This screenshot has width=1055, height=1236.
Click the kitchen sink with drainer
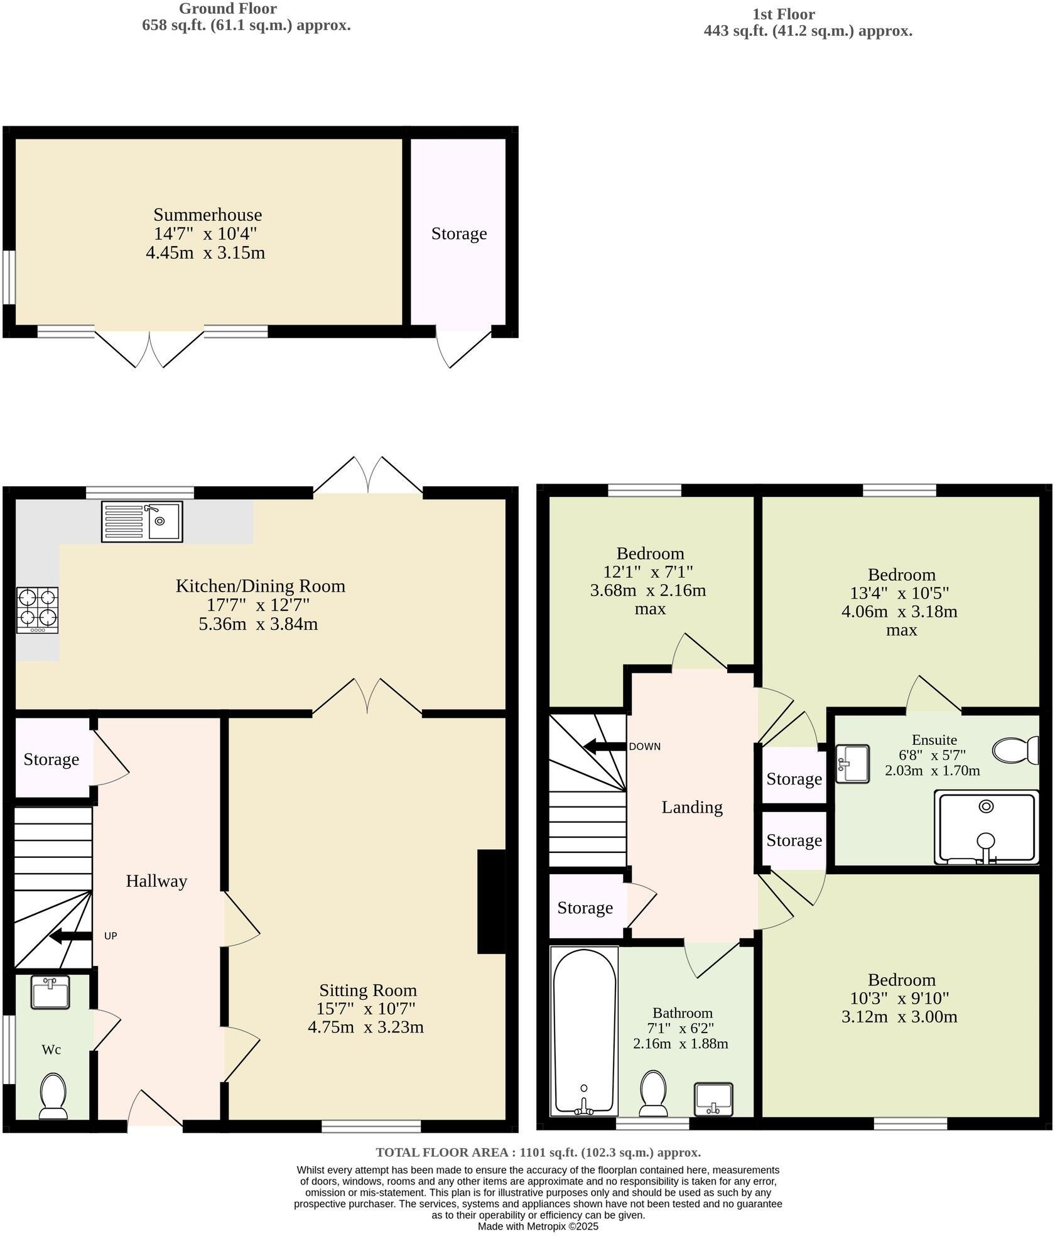click(x=142, y=521)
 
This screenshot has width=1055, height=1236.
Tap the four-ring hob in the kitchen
click(x=38, y=610)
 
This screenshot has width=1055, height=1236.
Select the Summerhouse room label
click(x=207, y=215)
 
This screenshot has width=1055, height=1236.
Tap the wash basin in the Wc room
click(x=50, y=993)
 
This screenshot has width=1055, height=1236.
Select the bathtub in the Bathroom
click(x=584, y=1031)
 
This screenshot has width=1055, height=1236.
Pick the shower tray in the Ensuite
click(x=986, y=828)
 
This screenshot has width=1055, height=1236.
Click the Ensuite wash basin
click(x=853, y=764)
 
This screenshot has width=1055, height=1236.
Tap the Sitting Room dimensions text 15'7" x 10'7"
click(x=366, y=1009)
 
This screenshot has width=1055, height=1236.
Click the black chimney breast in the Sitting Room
click(x=492, y=902)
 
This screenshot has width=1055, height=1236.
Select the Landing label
click(x=692, y=807)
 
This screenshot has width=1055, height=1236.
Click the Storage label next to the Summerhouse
click(x=459, y=234)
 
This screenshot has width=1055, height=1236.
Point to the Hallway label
click(x=156, y=881)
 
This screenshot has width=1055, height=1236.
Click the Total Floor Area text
click(x=538, y=1152)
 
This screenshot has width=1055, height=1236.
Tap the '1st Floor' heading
click(x=783, y=14)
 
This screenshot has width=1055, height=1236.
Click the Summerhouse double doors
click(x=149, y=349)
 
